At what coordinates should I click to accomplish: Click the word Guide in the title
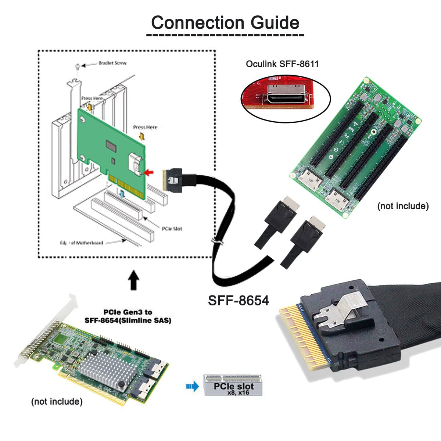[275, 23]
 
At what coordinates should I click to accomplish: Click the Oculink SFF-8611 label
[282, 64]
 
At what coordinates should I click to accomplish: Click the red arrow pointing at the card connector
[150, 172]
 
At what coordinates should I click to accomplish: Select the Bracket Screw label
[112, 63]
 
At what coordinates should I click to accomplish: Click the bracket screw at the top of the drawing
[77, 67]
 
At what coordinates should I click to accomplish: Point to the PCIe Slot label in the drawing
[172, 229]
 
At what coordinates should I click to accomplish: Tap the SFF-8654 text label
[238, 301]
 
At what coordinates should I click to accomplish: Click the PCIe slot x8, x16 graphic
[234, 385]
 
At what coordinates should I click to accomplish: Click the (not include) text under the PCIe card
[57, 401]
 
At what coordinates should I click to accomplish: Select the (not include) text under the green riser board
[403, 206]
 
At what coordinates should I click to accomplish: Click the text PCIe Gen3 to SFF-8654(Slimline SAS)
[128, 316]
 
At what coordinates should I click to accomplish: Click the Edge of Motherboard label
[82, 243]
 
